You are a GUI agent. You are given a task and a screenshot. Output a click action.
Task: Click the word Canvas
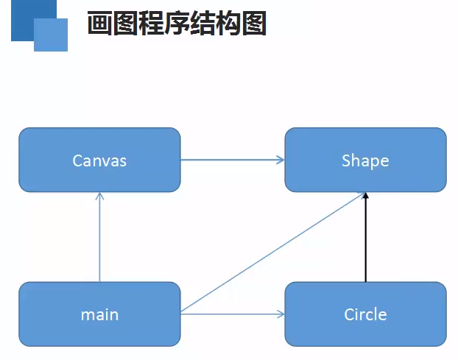(99, 160)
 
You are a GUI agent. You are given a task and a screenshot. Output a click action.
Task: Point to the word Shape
(365, 160)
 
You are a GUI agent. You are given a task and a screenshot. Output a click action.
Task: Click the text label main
(99, 315)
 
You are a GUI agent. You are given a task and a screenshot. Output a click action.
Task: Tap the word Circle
(365, 315)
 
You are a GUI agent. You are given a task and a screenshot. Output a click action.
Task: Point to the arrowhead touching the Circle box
(281, 314)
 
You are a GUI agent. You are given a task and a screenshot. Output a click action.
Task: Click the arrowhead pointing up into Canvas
(99, 197)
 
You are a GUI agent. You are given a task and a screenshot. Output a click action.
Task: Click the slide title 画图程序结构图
(177, 24)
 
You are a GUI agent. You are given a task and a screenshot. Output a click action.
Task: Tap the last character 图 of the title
(255, 24)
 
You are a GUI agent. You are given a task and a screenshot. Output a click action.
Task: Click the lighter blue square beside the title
(51, 35)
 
